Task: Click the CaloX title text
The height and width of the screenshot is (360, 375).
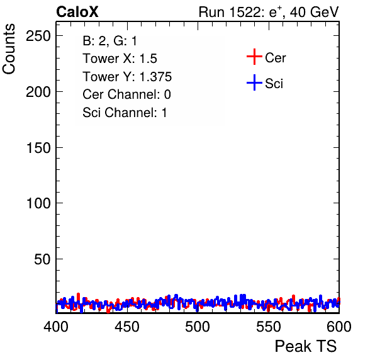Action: pyautogui.click(x=77, y=12)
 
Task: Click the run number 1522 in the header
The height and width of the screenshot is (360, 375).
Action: pyautogui.click(x=245, y=12)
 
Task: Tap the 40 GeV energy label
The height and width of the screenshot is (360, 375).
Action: pyautogui.click(x=314, y=12)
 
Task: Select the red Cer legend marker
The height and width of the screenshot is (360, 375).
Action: pyautogui.click(x=254, y=57)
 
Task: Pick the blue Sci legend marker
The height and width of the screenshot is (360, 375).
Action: pyautogui.click(x=254, y=82)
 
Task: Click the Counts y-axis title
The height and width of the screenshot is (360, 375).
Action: pyautogui.click(x=9, y=49)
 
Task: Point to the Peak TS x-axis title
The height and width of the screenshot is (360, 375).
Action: pyautogui.click(x=306, y=346)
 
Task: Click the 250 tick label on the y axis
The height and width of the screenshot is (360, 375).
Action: pyautogui.click(x=38, y=36)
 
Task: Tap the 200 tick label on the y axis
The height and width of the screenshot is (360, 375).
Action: pyautogui.click(x=38, y=92)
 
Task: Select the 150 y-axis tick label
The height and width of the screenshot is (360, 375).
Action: pyautogui.click(x=38, y=148)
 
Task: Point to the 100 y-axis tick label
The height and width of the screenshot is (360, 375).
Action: pyautogui.click(x=38, y=203)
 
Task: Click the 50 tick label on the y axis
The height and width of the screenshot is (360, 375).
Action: pyautogui.click(x=42, y=259)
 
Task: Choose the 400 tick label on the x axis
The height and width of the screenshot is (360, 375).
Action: pyautogui.click(x=56, y=327)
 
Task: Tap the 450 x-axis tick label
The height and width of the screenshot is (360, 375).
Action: pyautogui.click(x=126, y=327)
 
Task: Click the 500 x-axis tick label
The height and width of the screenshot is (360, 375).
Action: pyautogui.click(x=198, y=327)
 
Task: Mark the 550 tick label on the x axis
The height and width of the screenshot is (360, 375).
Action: pyautogui.click(x=268, y=327)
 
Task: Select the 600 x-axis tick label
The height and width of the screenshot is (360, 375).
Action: pyautogui.click(x=339, y=327)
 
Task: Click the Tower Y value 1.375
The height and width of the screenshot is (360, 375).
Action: pyautogui.click(x=155, y=77)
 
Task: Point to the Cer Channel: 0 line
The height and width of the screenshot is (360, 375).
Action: pyautogui.click(x=126, y=94)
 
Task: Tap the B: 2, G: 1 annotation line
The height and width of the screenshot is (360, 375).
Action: pyautogui.click(x=109, y=41)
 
